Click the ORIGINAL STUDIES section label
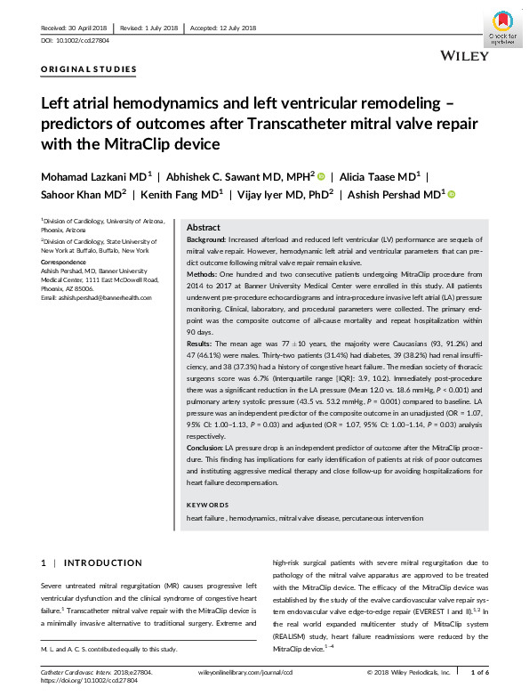click(89, 69)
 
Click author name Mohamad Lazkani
click(92, 176)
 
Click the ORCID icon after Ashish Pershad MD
click(451, 194)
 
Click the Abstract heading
click(204, 228)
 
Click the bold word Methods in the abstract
click(203, 277)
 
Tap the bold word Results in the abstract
click(201, 341)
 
